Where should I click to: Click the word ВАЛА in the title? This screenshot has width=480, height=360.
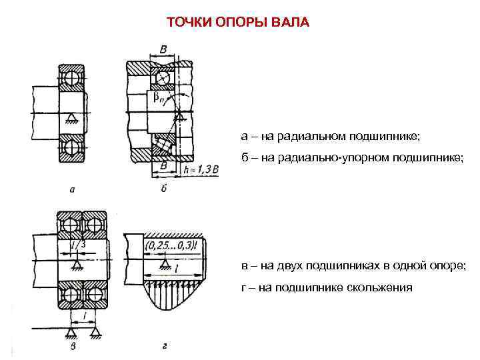(x=291, y=23)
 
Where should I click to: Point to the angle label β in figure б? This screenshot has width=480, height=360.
(x=159, y=98)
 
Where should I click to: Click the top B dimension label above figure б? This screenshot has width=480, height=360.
(x=163, y=50)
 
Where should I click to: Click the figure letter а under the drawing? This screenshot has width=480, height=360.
(x=71, y=189)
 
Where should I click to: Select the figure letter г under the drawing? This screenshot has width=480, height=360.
(x=165, y=346)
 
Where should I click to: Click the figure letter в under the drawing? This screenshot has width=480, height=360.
(x=73, y=346)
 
